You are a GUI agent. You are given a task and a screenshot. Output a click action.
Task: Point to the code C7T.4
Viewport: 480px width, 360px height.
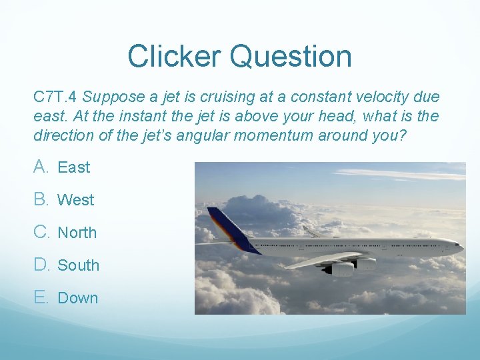click(x=56, y=97)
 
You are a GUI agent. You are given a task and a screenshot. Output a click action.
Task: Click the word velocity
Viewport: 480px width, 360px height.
click(x=364, y=97)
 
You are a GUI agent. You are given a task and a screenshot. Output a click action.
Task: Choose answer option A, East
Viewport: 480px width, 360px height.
click(x=73, y=167)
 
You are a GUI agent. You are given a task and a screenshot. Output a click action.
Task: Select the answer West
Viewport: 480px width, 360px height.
click(x=75, y=200)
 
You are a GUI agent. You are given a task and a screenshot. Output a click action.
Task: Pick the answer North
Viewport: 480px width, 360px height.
click(x=77, y=233)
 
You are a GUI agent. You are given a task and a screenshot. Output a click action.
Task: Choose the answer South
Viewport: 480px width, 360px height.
click(x=78, y=265)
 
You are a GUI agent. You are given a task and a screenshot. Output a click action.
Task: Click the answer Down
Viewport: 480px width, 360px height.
click(x=77, y=298)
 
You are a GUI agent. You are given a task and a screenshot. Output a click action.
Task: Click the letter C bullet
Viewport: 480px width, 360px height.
click(x=41, y=232)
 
